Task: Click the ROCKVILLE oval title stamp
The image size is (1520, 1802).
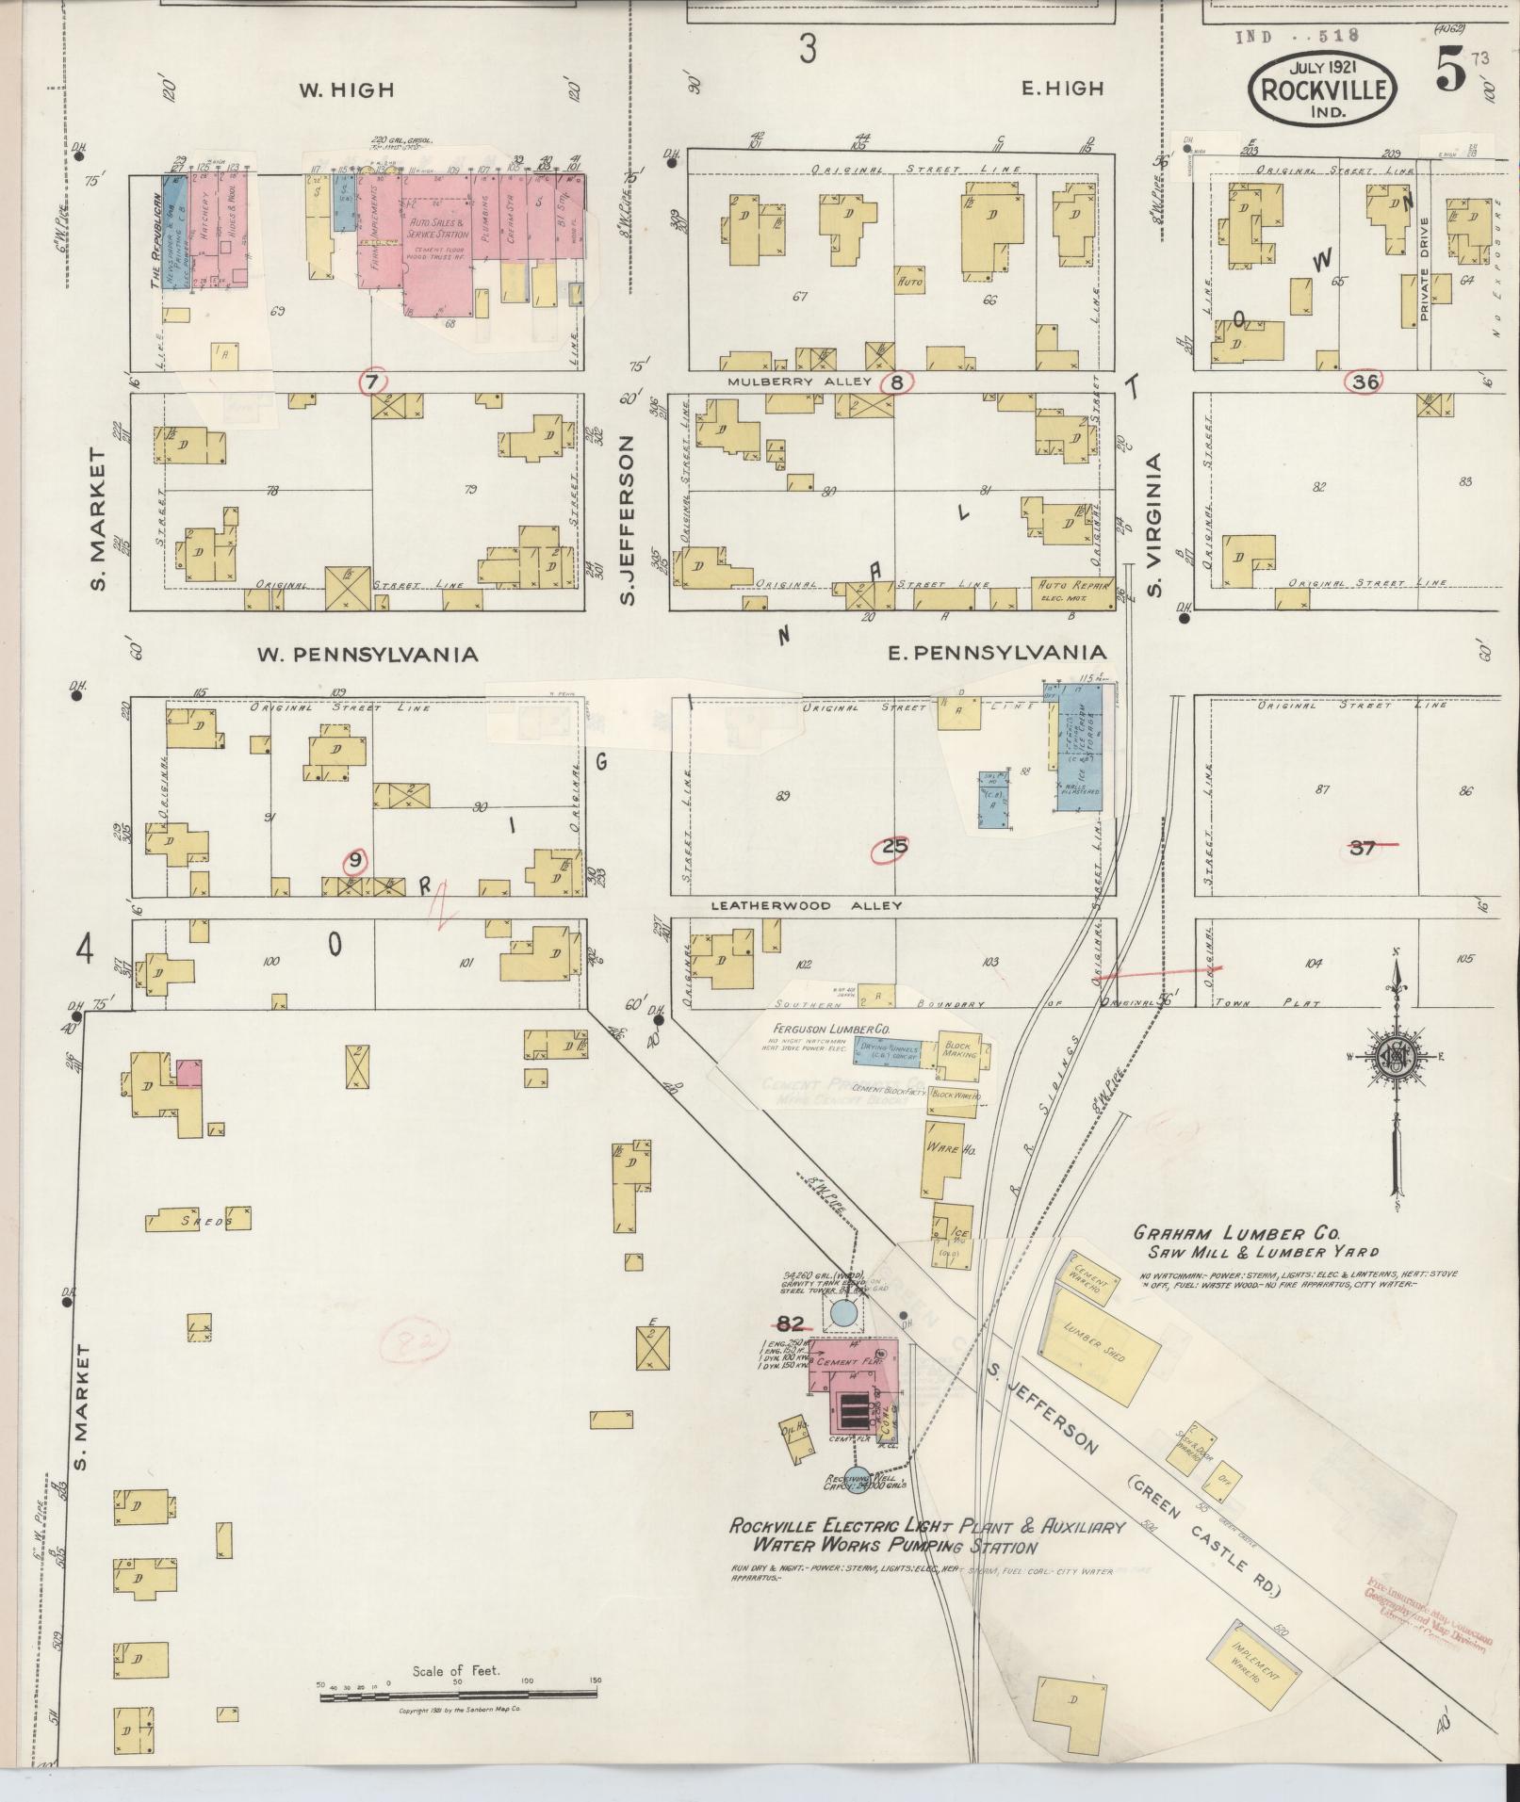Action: pyautogui.click(x=1323, y=89)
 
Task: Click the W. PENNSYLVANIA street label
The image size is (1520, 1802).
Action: pyautogui.click(x=368, y=654)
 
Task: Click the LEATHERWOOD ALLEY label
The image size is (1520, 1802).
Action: pyautogui.click(x=806, y=905)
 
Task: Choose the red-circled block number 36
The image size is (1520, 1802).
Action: pyautogui.click(x=1364, y=382)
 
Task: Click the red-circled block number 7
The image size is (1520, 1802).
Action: pyautogui.click(x=373, y=382)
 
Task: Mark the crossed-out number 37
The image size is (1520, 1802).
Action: pyautogui.click(x=1363, y=848)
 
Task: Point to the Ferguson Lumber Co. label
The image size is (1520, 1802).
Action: pyautogui.click(x=831, y=1031)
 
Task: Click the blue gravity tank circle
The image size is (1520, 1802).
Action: pyautogui.click(x=845, y=1312)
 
